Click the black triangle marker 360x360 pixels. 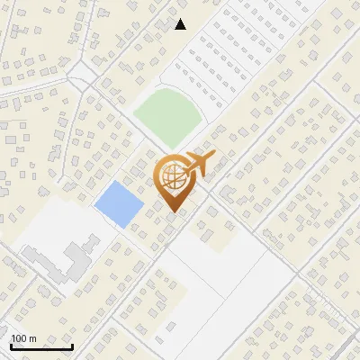[x=181, y=24]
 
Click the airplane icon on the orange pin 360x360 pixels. [x=197, y=165]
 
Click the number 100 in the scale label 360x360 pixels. [x=19, y=338]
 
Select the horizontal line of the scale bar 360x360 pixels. [x=41, y=347]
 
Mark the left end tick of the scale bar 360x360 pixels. [x=11, y=345]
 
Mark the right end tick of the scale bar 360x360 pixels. [x=72, y=345]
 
